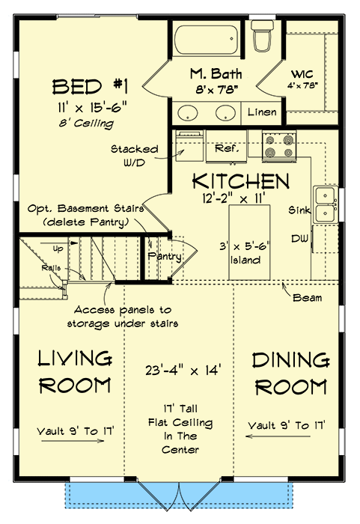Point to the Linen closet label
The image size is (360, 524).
click(263, 113)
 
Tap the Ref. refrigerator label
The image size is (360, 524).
click(225, 149)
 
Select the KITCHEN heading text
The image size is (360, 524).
click(240, 181)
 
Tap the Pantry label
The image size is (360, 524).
click(165, 256)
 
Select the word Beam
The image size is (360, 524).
click(308, 297)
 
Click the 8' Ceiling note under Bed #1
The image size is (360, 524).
click(88, 123)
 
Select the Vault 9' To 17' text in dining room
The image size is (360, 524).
click(288, 426)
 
